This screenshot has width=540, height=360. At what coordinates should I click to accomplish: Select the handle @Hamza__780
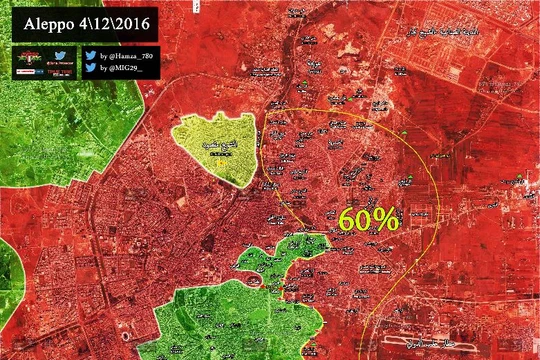coord(129,57)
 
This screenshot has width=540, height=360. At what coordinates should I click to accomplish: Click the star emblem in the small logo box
coord(27,57)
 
